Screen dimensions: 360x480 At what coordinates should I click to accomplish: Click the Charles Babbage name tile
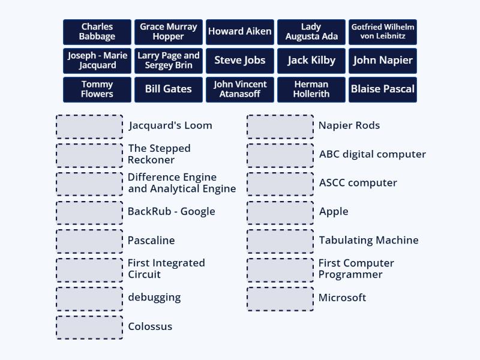[97, 32]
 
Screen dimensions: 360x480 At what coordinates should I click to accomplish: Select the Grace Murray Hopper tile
[169, 32]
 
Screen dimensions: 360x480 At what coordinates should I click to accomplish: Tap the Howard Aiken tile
[240, 32]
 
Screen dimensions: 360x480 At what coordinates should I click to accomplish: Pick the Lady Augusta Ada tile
[311, 32]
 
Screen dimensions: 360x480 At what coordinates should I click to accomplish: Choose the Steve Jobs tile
[240, 61]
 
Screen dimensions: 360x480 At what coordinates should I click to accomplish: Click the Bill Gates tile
[169, 89]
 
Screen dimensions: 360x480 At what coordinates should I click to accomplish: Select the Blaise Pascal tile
[383, 89]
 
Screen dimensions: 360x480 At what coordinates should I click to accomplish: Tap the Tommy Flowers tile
[97, 89]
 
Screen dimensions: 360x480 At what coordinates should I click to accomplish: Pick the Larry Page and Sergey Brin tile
[169, 61]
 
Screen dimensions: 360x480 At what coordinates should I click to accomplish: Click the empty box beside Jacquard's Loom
[89, 127]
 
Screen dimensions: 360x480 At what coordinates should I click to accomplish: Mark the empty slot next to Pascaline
[89, 241]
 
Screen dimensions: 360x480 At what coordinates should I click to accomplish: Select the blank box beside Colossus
[89, 328]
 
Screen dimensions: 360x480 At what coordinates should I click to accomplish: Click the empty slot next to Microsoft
[280, 299]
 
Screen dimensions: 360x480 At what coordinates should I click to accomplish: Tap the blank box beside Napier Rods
[280, 127]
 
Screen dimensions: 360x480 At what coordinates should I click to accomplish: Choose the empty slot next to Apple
[280, 212]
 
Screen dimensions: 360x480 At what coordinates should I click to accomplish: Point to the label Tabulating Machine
[368, 241]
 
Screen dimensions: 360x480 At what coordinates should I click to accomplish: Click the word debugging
[154, 298]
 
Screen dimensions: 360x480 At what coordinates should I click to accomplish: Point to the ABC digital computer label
[372, 154]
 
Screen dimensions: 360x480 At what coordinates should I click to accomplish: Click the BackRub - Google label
[171, 212]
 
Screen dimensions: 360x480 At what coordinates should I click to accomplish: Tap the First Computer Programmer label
[356, 269]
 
